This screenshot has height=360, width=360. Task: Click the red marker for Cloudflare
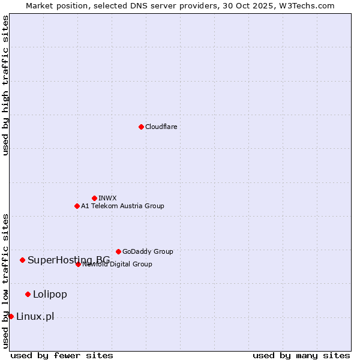[141, 127]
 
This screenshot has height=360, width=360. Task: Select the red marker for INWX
[94, 198]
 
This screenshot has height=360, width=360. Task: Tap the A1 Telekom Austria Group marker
[77, 206]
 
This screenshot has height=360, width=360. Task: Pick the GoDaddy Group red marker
[118, 251]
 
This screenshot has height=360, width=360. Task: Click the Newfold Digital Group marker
[78, 264]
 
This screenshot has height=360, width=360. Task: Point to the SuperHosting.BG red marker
[22, 260]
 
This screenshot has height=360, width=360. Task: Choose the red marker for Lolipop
[28, 294]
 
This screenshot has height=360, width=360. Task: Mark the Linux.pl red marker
[11, 316]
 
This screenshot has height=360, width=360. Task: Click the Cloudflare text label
[161, 127]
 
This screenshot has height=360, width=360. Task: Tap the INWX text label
[107, 198]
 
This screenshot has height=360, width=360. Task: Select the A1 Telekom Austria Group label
[122, 206]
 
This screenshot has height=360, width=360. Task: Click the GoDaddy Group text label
[148, 251]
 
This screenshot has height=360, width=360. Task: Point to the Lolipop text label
[50, 294]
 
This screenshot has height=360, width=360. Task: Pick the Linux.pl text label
[35, 316]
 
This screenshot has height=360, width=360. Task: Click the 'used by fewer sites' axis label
[62, 355]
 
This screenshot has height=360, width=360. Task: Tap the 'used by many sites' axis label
[301, 355]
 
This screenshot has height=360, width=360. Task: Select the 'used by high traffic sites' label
[5, 85]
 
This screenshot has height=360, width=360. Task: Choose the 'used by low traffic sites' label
[5, 281]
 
